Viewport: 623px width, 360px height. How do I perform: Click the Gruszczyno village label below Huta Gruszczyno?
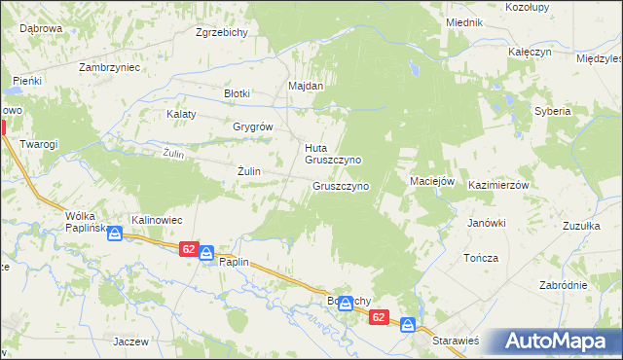point(340,186)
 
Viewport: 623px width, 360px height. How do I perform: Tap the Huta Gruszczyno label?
point(333,154)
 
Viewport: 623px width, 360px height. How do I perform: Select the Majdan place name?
point(305,86)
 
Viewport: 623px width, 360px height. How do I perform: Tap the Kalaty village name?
point(181,114)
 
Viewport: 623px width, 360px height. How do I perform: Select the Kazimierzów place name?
point(497,185)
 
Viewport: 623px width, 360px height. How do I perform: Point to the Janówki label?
point(487,223)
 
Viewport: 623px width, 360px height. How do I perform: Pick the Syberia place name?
point(552,111)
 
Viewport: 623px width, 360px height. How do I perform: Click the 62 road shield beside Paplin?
point(189,250)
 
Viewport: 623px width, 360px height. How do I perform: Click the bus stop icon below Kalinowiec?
point(115,234)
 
